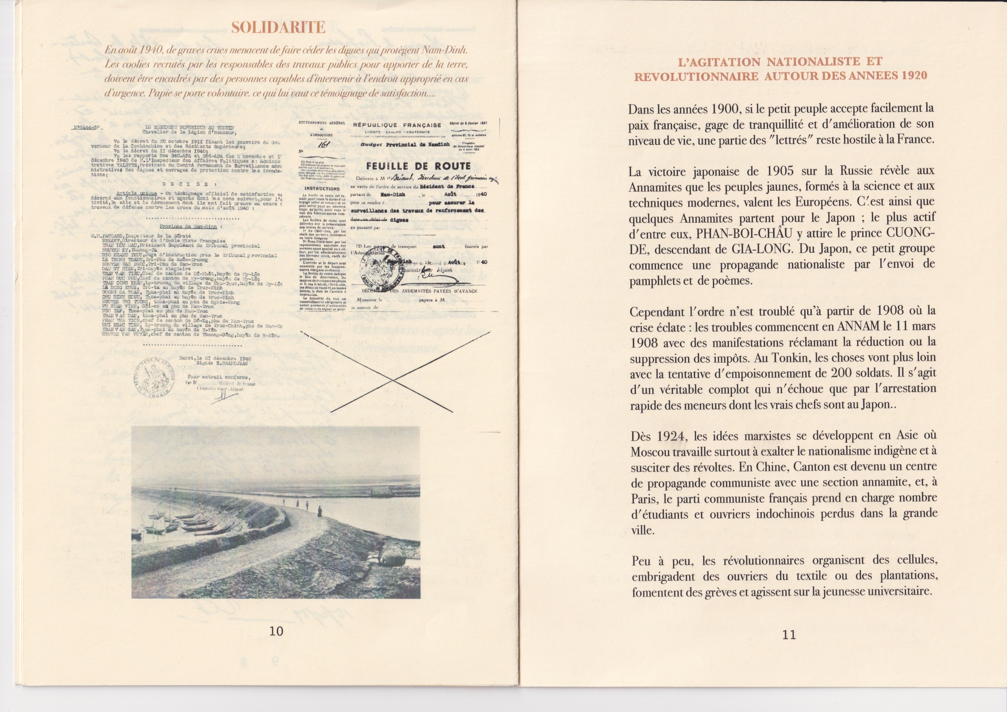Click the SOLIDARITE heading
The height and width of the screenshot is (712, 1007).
click(x=278, y=28)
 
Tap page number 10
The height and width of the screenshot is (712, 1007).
click(x=276, y=631)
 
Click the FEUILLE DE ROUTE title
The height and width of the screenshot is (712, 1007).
click(x=419, y=166)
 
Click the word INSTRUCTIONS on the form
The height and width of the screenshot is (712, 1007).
click(x=322, y=189)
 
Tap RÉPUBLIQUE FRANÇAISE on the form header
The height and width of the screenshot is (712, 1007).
click(x=397, y=125)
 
